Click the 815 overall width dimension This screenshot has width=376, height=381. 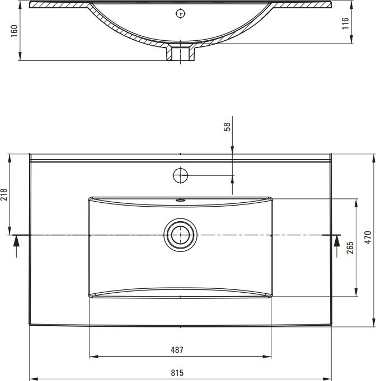pyautogui.click(x=177, y=373)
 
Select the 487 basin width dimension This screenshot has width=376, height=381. pyautogui.click(x=177, y=350)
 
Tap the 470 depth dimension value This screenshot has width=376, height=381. pyautogui.click(x=368, y=237)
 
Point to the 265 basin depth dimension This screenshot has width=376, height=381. pyautogui.click(x=350, y=247)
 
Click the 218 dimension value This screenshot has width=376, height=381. pyautogui.click(x=4, y=194)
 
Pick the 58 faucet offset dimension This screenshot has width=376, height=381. pyautogui.click(x=227, y=127)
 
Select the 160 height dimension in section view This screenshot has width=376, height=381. pyautogui.click(x=15, y=31)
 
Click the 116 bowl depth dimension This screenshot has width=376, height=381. pyautogui.click(x=345, y=23)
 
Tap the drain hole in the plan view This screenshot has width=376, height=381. pyautogui.click(x=180, y=235)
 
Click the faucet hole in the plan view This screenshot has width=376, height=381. pyautogui.click(x=180, y=175)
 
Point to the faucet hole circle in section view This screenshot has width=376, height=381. pyautogui.click(x=180, y=13)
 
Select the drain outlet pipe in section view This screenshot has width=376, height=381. pyautogui.click(x=180, y=52)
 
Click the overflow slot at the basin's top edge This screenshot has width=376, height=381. pyautogui.click(x=180, y=201)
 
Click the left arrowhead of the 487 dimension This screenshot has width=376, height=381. pyautogui.click(x=93, y=357)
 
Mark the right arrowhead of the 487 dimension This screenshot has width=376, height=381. pyautogui.click(x=267, y=357)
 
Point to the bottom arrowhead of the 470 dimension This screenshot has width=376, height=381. pyautogui.click(x=374, y=322)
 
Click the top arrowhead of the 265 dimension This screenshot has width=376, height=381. pyautogui.click(x=356, y=203)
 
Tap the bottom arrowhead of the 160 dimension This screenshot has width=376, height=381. pyautogui.click(x=20, y=56)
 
